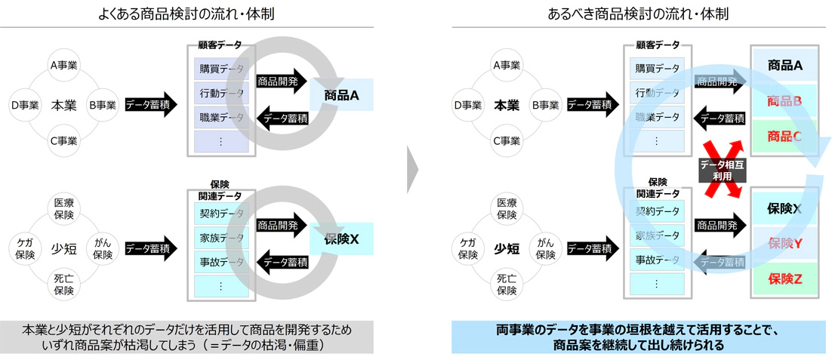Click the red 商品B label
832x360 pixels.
pos(784,101)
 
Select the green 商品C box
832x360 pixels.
pos(784,137)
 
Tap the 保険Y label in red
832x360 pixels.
pos(784,243)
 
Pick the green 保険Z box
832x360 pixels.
pos(784,278)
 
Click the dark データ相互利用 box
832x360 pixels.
pos(723,171)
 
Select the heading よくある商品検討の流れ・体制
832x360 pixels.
pos(186,14)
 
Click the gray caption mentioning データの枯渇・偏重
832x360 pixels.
pos(187,337)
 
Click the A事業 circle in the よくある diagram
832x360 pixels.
pos(65,66)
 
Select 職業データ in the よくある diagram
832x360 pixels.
pos(221,117)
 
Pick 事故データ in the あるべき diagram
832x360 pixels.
pos(655,260)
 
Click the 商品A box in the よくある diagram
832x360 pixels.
pos(342,95)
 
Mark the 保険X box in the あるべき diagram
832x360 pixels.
pos(784,208)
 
